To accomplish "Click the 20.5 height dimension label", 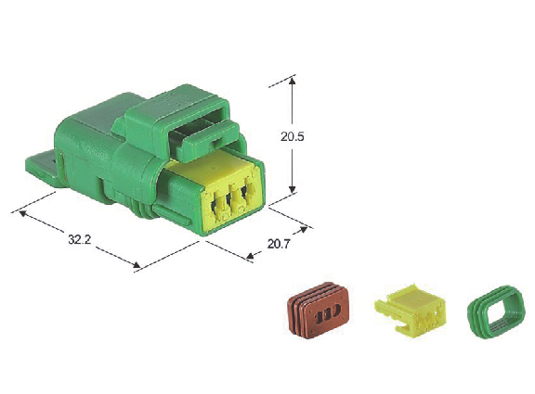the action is point(292,136).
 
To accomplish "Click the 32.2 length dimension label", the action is point(80,239).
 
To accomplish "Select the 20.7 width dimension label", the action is point(279,244).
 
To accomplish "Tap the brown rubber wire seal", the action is point(318,311).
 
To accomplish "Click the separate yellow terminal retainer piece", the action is point(411,310).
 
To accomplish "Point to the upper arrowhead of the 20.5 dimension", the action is point(292,81).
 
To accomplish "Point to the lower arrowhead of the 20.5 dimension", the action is point(292,189).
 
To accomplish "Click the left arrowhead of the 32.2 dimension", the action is point(22,213).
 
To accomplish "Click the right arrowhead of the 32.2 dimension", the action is point(137,265).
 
